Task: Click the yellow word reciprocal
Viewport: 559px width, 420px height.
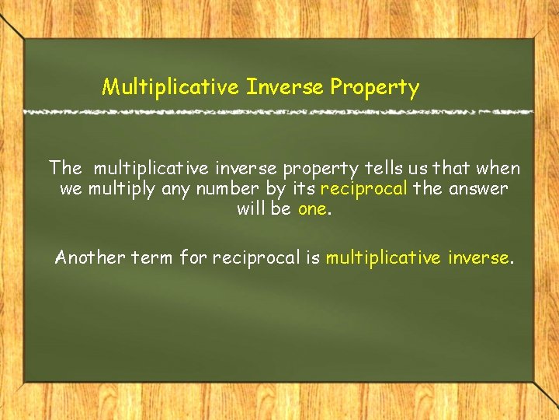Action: click(x=364, y=188)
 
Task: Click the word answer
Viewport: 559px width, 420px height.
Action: click(x=479, y=188)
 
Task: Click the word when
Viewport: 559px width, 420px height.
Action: click(x=498, y=168)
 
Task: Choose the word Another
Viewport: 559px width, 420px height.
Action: click(x=85, y=257)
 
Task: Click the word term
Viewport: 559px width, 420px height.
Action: click(x=148, y=257)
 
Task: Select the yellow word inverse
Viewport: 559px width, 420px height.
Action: click(x=480, y=257)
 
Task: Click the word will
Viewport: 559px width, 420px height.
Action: click(x=252, y=208)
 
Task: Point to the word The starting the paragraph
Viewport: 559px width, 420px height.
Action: click(x=65, y=168)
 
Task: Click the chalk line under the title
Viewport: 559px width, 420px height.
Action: click(x=279, y=112)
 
